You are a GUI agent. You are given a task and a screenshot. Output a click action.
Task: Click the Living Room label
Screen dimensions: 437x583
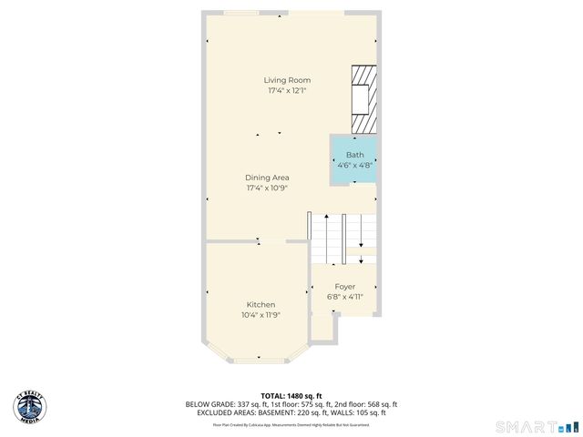click(x=288, y=80)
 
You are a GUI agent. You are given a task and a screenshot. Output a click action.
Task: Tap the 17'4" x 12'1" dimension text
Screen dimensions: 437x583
click(x=288, y=91)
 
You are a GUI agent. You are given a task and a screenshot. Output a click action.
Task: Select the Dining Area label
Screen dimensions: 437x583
click(x=267, y=178)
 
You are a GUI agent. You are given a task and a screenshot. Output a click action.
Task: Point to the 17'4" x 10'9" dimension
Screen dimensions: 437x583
click(x=267, y=188)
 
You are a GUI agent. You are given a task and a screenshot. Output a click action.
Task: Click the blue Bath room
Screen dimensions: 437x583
click(x=353, y=160)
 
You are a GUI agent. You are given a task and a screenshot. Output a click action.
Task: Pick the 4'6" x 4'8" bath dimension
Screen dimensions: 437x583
click(x=353, y=166)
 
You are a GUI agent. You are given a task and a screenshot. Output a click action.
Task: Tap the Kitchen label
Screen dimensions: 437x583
click(x=261, y=304)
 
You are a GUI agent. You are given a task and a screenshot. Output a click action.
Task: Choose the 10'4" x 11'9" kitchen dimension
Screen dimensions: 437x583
click(x=261, y=315)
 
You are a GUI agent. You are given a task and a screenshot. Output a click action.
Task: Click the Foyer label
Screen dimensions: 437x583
click(x=345, y=287)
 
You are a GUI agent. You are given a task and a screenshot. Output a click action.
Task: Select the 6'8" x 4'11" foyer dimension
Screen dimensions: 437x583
click(x=345, y=297)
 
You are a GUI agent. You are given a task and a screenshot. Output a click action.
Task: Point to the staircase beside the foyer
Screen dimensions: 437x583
click(x=344, y=239)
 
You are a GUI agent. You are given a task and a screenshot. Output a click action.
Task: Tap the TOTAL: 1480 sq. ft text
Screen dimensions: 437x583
click(x=291, y=395)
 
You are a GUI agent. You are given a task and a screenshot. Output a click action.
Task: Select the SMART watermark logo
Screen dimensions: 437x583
click(x=536, y=426)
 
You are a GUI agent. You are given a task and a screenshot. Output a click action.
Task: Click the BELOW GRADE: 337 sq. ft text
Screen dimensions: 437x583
click(x=221, y=404)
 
